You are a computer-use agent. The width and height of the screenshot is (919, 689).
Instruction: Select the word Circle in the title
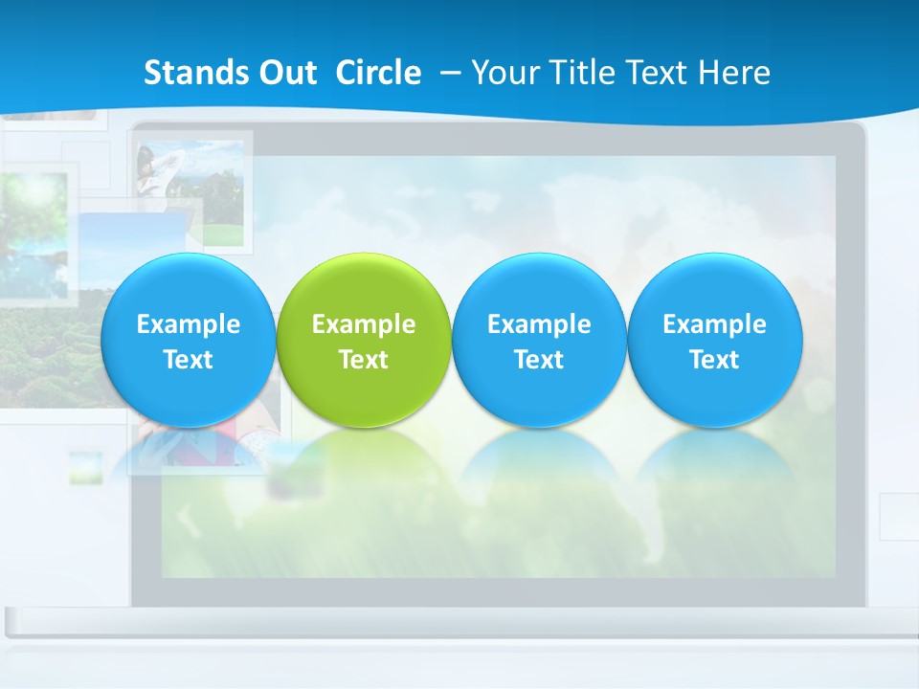point(378,73)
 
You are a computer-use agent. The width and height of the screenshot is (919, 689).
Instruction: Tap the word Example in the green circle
point(364,324)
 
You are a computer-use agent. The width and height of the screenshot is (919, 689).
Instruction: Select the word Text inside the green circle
point(364,360)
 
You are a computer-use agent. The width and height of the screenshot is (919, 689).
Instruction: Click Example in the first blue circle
point(189,324)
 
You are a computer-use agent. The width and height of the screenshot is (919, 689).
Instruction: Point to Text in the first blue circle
point(189,360)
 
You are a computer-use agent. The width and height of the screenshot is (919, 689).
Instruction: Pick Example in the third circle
point(539,324)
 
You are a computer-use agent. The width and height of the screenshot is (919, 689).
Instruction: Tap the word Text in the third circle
point(539,360)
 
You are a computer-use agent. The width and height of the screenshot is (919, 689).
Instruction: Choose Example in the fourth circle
point(714,324)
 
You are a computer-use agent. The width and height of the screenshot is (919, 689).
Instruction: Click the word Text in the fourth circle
point(714,360)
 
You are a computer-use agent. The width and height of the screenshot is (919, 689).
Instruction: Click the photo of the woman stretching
point(190,191)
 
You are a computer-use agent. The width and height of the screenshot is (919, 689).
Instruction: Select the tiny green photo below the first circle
point(85,466)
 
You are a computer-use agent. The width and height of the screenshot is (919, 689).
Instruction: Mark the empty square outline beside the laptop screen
point(899,517)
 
